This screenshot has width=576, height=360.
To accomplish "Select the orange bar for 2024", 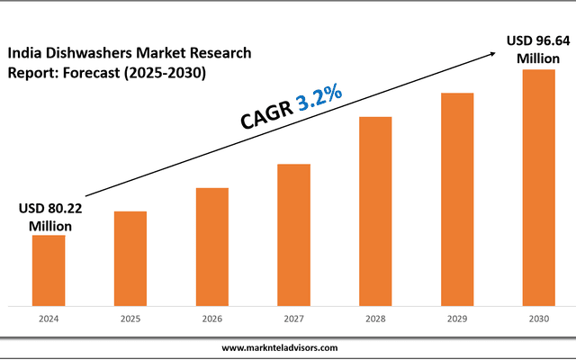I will coord(49,269).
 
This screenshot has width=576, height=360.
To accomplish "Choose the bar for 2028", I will coord(375,211).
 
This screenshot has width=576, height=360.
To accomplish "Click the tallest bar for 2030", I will coord(539,186).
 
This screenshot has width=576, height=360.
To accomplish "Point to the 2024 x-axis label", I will coord(49,318).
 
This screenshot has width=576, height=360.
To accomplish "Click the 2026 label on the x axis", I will coord(211,318).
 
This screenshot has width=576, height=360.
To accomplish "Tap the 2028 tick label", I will coord(375,318).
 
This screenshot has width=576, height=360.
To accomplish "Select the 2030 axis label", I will coord(539,318).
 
